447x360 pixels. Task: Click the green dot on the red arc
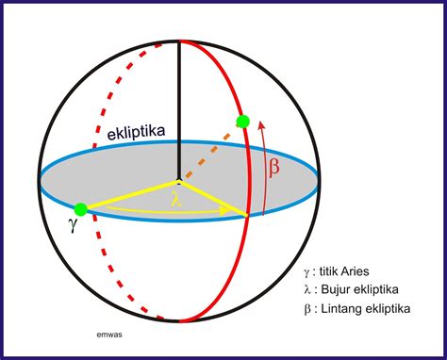(x=242, y=121)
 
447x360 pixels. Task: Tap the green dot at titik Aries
(x=81, y=207)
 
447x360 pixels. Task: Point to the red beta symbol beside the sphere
(x=273, y=168)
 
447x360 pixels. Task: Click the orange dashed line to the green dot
(x=209, y=151)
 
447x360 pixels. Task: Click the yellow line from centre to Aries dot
(x=129, y=194)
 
